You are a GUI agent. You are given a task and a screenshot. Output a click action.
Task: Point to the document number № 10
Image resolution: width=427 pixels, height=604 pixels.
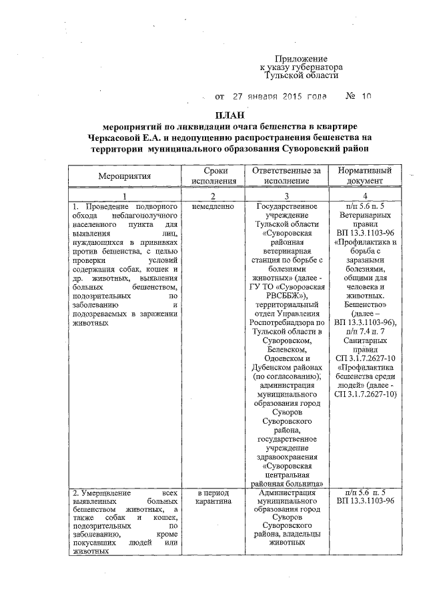(358, 96)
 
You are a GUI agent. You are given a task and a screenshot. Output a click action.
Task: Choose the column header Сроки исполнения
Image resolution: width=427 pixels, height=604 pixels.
(213, 176)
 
